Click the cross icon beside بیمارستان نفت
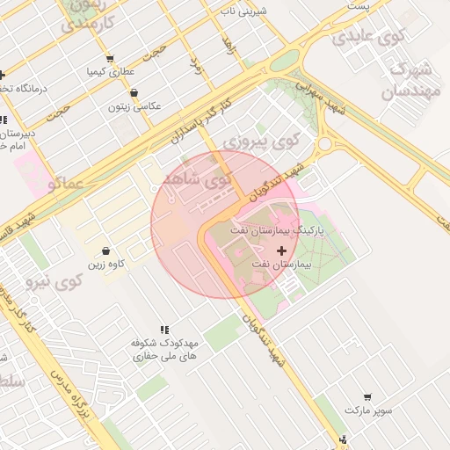point(281,251)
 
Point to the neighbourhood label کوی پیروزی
point(260,139)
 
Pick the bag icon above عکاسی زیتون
point(134,92)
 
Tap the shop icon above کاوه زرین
point(106,250)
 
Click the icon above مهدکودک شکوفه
point(164,328)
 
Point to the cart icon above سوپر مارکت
point(367,396)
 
